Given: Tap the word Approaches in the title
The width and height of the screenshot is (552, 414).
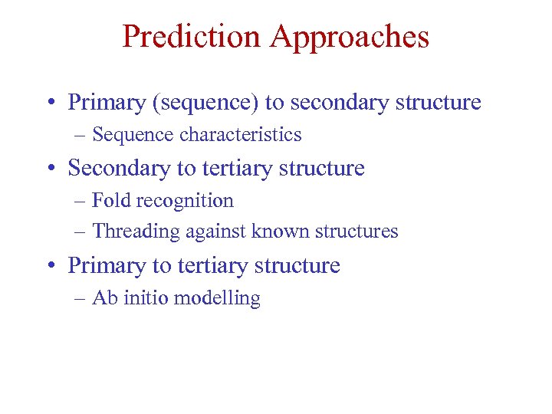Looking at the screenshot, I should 354,36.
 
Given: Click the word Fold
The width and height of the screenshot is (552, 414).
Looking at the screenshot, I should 107,201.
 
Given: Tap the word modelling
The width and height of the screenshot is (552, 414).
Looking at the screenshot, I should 217,298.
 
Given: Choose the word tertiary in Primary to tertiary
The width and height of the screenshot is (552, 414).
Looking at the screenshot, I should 208,266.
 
